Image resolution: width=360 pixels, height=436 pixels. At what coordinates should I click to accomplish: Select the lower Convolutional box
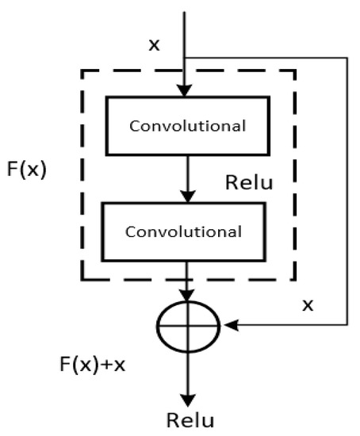click(184, 231)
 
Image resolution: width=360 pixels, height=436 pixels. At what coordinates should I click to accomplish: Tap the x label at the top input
click(155, 44)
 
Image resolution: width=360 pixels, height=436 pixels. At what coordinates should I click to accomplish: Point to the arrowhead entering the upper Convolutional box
click(185, 92)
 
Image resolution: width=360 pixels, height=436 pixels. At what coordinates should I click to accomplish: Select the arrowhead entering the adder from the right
click(232, 324)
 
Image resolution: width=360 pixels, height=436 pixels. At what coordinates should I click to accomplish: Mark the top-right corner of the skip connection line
click(347, 57)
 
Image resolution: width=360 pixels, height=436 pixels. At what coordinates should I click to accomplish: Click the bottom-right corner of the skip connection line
click(347, 324)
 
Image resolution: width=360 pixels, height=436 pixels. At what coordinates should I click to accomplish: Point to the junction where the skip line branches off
click(185, 57)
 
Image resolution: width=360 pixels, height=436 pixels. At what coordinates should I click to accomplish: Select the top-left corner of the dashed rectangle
click(82, 71)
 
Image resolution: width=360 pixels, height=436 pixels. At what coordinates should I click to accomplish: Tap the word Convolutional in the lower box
click(184, 232)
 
